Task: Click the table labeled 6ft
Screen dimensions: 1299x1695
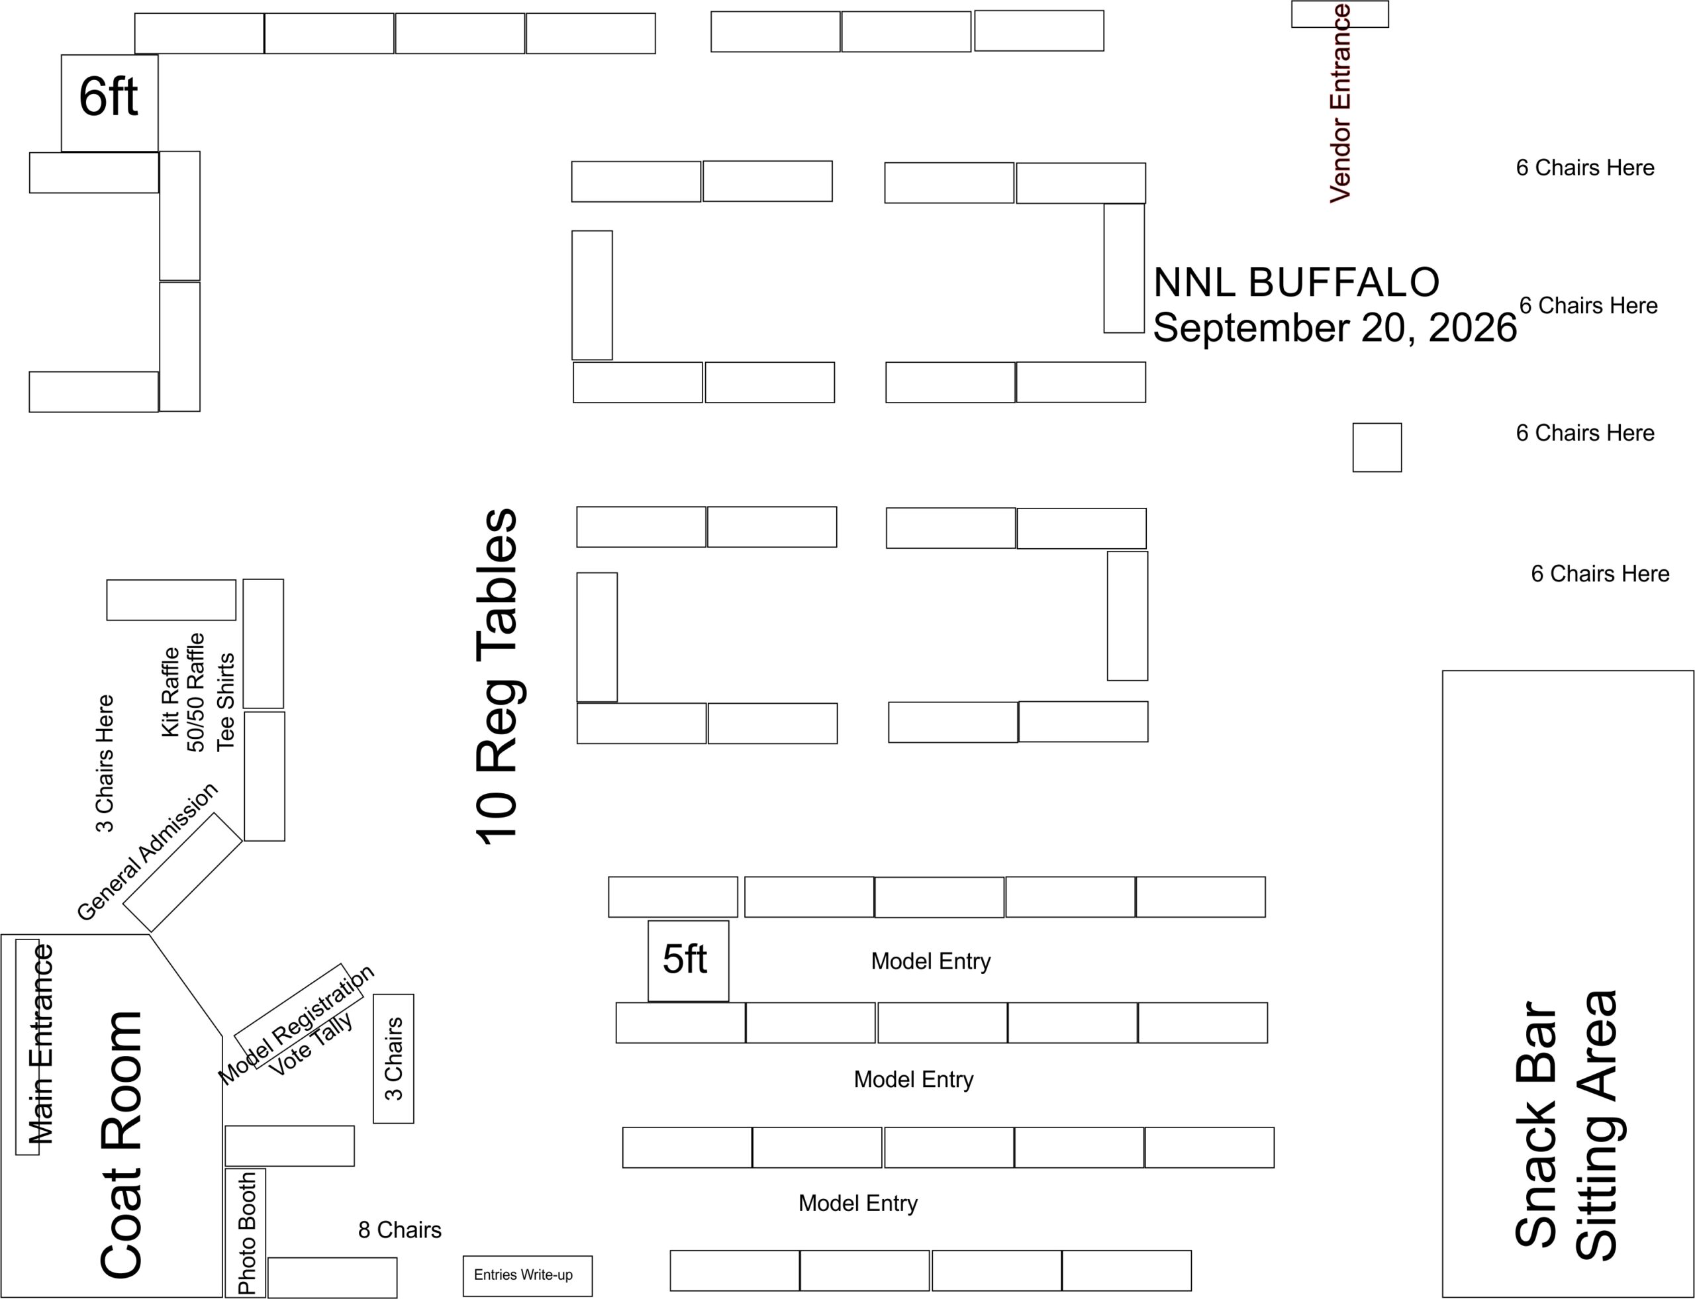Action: (x=109, y=102)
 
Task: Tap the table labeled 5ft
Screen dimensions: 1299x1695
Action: (x=687, y=960)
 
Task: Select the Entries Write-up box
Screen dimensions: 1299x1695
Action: (x=526, y=1275)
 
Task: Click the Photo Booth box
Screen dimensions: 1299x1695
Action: (x=246, y=1233)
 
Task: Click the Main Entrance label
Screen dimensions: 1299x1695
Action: (x=40, y=1045)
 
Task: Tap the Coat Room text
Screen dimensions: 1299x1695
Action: (x=121, y=1144)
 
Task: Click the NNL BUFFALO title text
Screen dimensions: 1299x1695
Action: (x=1296, y=282)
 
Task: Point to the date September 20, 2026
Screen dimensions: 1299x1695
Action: (x=1334, y=328)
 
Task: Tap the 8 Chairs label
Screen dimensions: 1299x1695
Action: (x=399, y=1229)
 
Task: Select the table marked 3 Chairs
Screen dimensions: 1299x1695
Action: (x=393, y=1058)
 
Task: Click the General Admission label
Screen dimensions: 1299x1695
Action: (x=147, y=852)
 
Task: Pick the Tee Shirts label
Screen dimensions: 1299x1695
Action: (x=225, y=702)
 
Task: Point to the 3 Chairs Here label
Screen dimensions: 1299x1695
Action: (x=105, y=764)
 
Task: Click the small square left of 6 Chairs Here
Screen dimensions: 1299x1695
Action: (x=1377, y=448)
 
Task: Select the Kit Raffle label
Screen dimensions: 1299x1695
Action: (x=170, y=692)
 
